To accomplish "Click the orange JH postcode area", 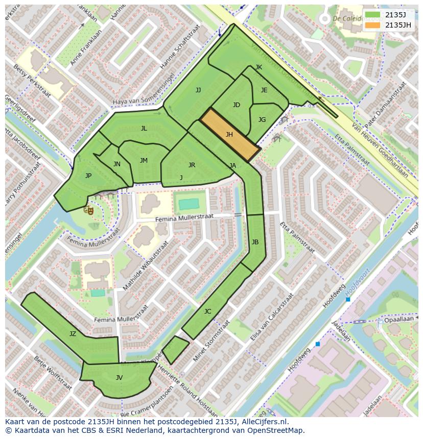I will [229, 135].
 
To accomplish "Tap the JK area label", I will [258, 67].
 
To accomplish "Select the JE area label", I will [264, 90].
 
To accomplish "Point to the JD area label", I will [236, 105].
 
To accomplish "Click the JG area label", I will [262, 120].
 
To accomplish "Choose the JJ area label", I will [198, 90].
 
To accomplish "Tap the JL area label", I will [144, 128].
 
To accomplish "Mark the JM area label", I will [144, 161].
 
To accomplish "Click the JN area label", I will [117, 164].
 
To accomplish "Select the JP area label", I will [88, 176].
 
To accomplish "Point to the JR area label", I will [192, 165].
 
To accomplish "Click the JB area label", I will [255, 242].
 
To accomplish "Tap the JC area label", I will [207, 312].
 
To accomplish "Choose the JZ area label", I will [73, 334].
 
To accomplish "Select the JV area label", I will [119, 378].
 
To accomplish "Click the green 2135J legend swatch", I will [373, 15].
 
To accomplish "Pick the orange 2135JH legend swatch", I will [373, 25].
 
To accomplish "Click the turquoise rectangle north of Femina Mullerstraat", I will [189, 204].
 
